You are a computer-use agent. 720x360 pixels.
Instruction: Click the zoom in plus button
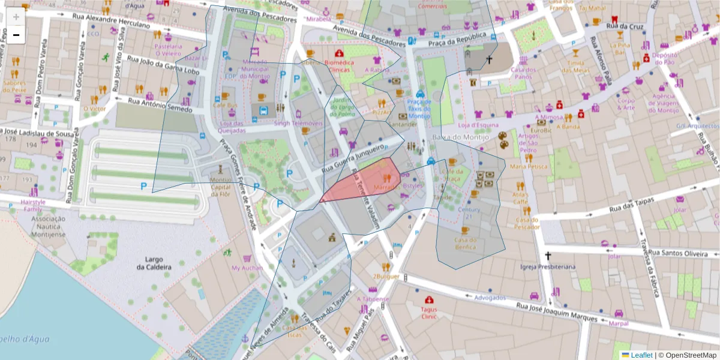16,16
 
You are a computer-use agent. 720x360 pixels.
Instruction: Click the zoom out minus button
16,35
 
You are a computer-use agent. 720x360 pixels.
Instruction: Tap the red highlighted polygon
366,181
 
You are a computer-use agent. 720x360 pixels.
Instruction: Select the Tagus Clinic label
429,312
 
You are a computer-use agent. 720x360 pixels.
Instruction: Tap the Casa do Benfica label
465,243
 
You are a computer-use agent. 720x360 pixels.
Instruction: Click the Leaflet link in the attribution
641,355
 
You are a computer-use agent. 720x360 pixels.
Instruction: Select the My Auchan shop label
247,268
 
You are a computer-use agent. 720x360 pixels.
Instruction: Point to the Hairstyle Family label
32,206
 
